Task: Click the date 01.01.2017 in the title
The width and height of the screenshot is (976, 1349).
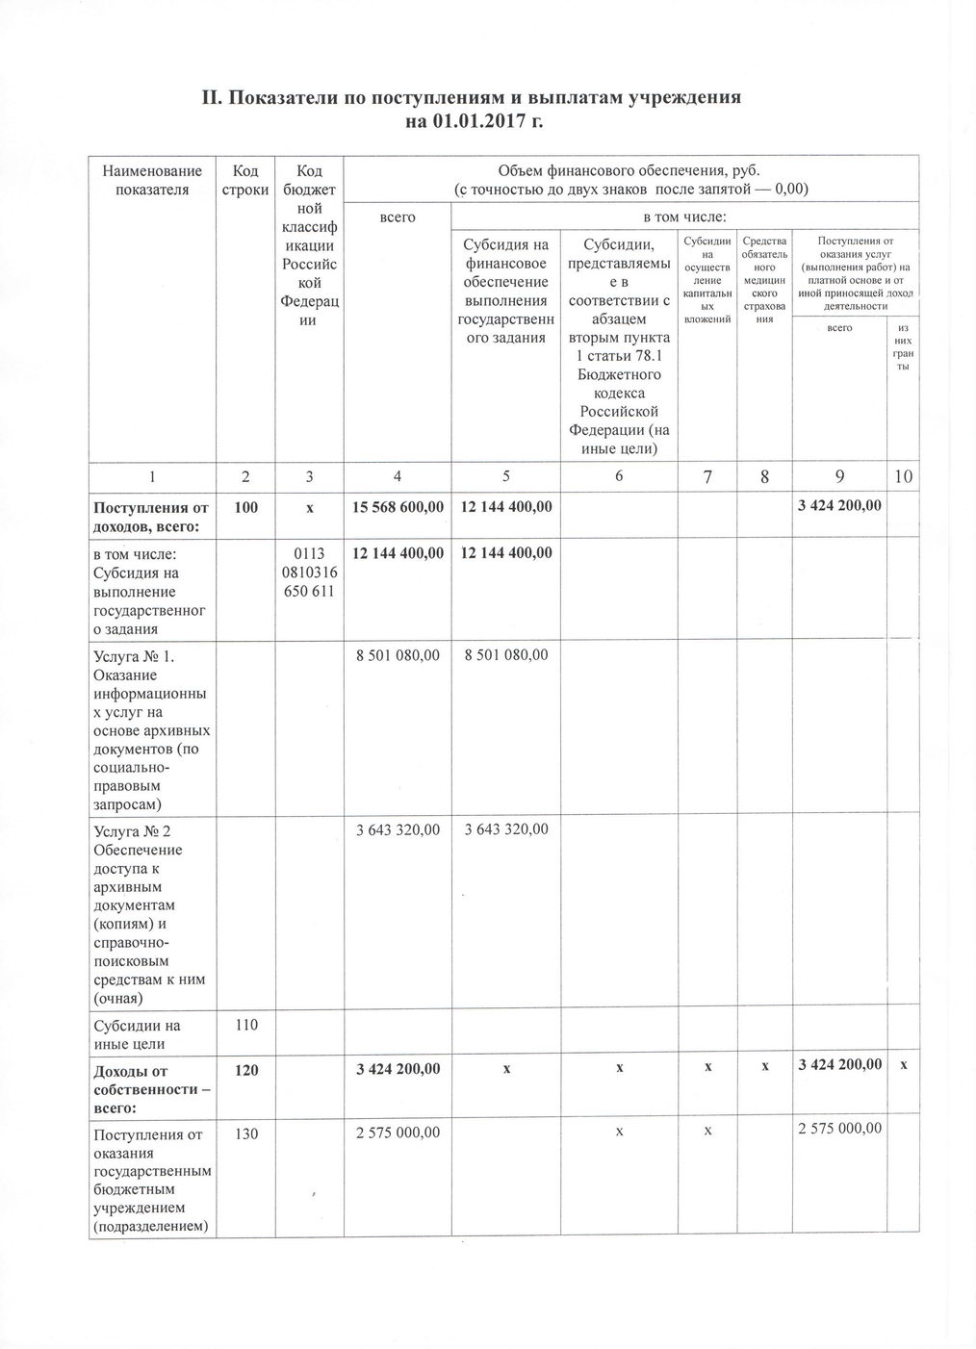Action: point(470,122)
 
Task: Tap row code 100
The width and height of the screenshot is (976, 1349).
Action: point(245,506)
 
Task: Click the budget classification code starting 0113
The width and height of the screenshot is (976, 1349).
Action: point(308,573)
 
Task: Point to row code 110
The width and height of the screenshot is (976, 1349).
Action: point(245,1026)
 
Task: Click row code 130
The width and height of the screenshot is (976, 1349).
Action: point(245,1133)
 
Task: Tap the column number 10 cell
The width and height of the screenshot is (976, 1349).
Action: point(903,476)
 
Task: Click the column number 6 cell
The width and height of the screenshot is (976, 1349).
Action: point(618,476)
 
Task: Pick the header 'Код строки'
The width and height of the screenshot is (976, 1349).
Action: point(245,180)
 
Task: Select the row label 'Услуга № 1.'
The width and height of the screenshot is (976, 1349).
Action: point(134,656)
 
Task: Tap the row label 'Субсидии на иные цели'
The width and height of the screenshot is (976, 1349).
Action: point(137,1034)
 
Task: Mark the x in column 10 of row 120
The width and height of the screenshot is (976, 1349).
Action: point(903,1064)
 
